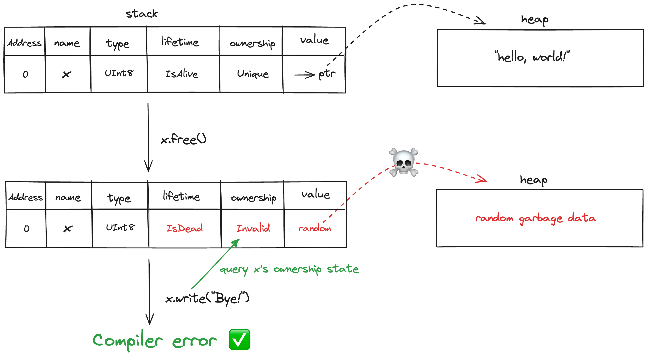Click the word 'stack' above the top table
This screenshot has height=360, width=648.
coord(142,14)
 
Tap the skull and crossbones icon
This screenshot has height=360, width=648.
coord(403,162)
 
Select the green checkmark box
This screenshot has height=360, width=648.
coord(239,339)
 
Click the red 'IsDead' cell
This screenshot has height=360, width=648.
coord(184,228)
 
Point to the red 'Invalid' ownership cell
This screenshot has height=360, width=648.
coord(253,228)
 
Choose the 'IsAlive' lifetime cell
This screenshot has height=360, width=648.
coord(182,74)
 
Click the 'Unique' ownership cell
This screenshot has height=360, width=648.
coord(253,74)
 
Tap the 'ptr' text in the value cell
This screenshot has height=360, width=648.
coord(327,74)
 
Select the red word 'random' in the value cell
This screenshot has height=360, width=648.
coord(315,228)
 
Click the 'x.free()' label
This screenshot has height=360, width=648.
coord(184,139)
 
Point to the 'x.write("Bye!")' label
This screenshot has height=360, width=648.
coord(207,298)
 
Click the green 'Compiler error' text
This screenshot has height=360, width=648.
coord(155,340)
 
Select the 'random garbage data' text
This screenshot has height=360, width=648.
coord(536,218)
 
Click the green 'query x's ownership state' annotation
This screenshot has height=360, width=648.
coord(289,269)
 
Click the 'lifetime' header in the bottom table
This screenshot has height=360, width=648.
coord(181,196)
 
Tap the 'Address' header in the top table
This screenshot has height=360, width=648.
coord(24,43)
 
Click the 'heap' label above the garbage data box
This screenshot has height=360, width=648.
coord(534,180)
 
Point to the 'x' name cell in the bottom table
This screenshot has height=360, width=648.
coord(68,229)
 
